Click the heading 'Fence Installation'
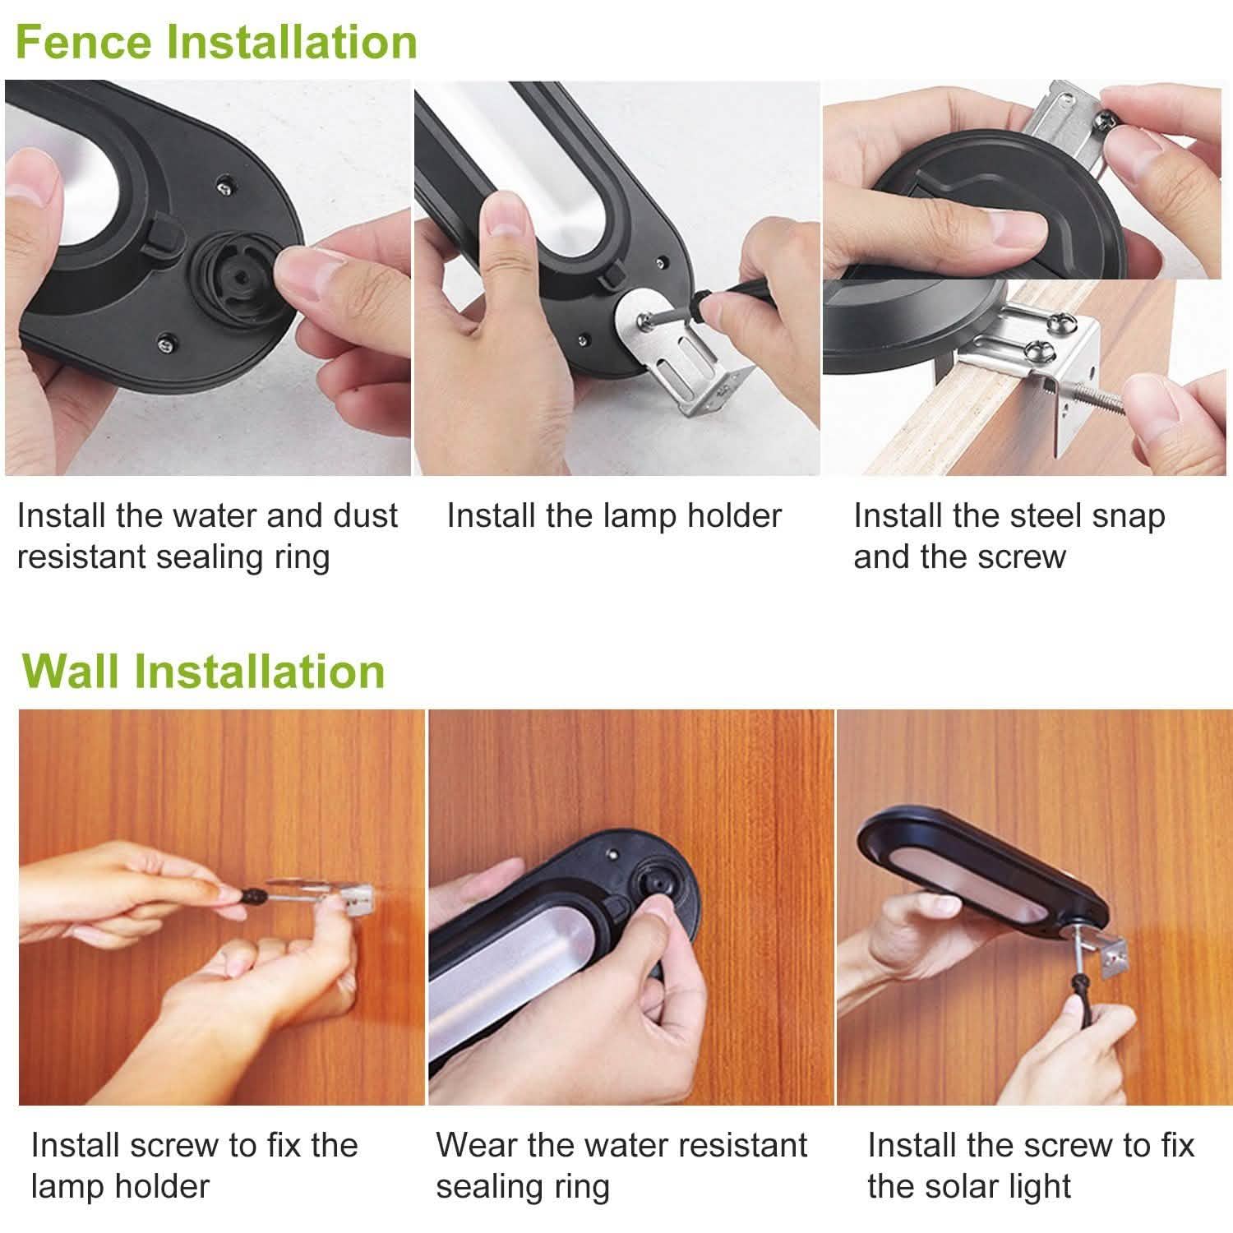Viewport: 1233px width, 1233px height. pos(216,42)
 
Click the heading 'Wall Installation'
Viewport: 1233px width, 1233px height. pos(204,671)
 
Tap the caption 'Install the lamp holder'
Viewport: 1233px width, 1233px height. pos(614,516)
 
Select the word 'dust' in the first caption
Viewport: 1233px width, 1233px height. pos(365,516)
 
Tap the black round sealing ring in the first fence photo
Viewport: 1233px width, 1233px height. pos(235,272)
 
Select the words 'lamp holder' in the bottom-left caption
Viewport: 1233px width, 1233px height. pos(120,1186)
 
